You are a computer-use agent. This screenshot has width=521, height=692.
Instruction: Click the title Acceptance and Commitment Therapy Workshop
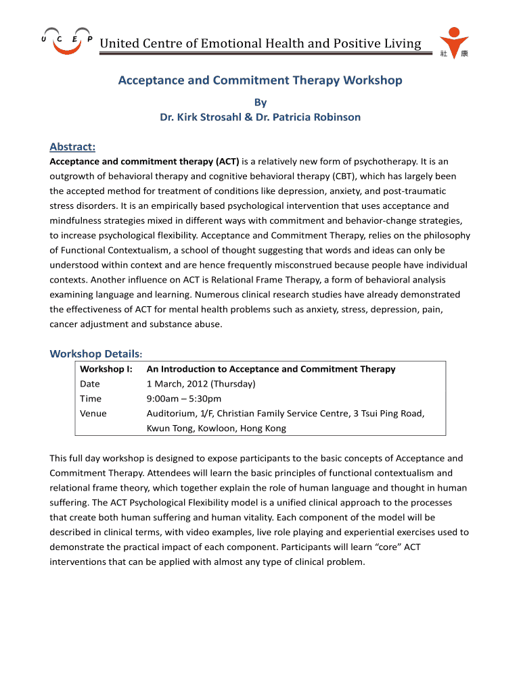coord(260,80)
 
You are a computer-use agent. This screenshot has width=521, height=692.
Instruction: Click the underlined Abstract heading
coord(72,147)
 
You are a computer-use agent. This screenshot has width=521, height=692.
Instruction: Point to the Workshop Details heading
coord(95,353)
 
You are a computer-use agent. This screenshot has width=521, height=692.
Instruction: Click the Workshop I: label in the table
coord(106,369)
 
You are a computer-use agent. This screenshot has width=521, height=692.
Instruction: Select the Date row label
coord(90,384)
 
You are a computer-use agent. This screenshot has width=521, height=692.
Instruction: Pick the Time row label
coord(90,399)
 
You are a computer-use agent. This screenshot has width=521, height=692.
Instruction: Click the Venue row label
coord(93,414)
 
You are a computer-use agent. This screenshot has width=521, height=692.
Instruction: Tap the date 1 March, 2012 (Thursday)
coord(201,384)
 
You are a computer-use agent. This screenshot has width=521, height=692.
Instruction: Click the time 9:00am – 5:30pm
coord(184,399)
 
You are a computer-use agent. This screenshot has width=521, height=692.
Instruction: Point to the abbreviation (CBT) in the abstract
coord(347,176)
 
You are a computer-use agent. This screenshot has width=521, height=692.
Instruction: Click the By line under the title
coord(260,103)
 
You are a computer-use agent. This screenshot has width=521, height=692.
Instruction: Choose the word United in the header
coord(118,44)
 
